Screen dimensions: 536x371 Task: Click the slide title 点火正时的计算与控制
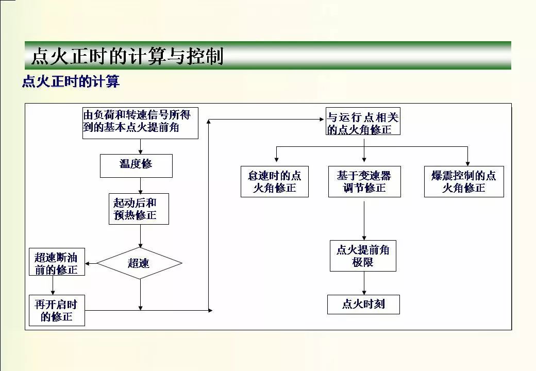[127, 56]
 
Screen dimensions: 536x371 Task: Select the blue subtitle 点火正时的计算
[71, 81]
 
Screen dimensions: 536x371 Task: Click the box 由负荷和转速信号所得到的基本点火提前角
[141, 123]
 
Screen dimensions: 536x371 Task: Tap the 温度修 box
[136, 166]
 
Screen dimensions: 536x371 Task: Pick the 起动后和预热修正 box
[139, 209]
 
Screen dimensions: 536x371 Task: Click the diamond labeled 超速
[139, 263]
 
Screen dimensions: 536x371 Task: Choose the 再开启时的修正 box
[57, 310]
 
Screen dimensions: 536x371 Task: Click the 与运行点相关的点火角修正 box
[363, 121]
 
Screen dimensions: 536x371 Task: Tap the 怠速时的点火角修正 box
[275, 181]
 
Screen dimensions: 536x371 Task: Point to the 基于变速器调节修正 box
[364, 181]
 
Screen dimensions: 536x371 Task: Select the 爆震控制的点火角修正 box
[464, 181]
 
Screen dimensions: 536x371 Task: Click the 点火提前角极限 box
[363, 256]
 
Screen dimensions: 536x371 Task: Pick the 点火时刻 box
[363, 305]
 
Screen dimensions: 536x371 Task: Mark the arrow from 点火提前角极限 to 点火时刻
[364, 283]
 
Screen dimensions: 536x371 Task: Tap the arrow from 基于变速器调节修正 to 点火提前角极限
[364, 221]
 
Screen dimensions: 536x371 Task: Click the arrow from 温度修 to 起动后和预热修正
[141, 185]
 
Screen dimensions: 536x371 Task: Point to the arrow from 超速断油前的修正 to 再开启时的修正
[53, 285]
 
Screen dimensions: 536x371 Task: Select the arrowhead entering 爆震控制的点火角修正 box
[467, 164]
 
